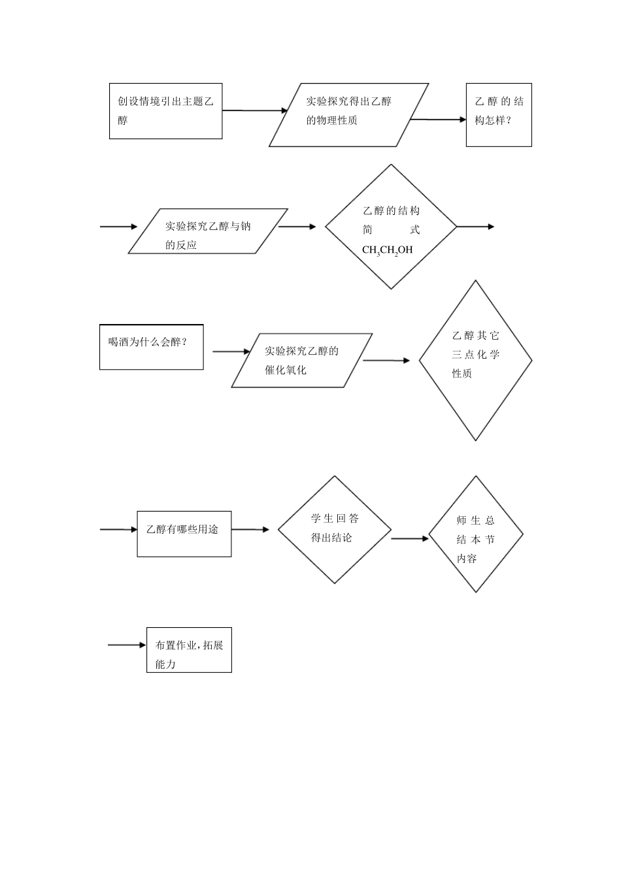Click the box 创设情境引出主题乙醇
(165, 111)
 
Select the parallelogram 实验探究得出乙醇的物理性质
(349, 115)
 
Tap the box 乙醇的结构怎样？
(499, 115)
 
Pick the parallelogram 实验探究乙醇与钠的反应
(208, 231)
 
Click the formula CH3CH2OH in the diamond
(387, 250)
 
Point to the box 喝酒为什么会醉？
(152, 347)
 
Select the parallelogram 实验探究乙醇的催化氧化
(302, 361)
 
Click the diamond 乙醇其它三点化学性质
(475, 361)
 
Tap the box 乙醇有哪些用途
(184, 534)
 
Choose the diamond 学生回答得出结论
(335, 530)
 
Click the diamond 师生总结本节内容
(475, 534)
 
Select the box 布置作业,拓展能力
(190, 650)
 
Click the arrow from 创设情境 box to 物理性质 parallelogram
(255, 111)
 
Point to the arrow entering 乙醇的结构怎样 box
(438, 120)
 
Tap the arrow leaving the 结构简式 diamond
(475, 227)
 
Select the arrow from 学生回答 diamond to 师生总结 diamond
(410, 538)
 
